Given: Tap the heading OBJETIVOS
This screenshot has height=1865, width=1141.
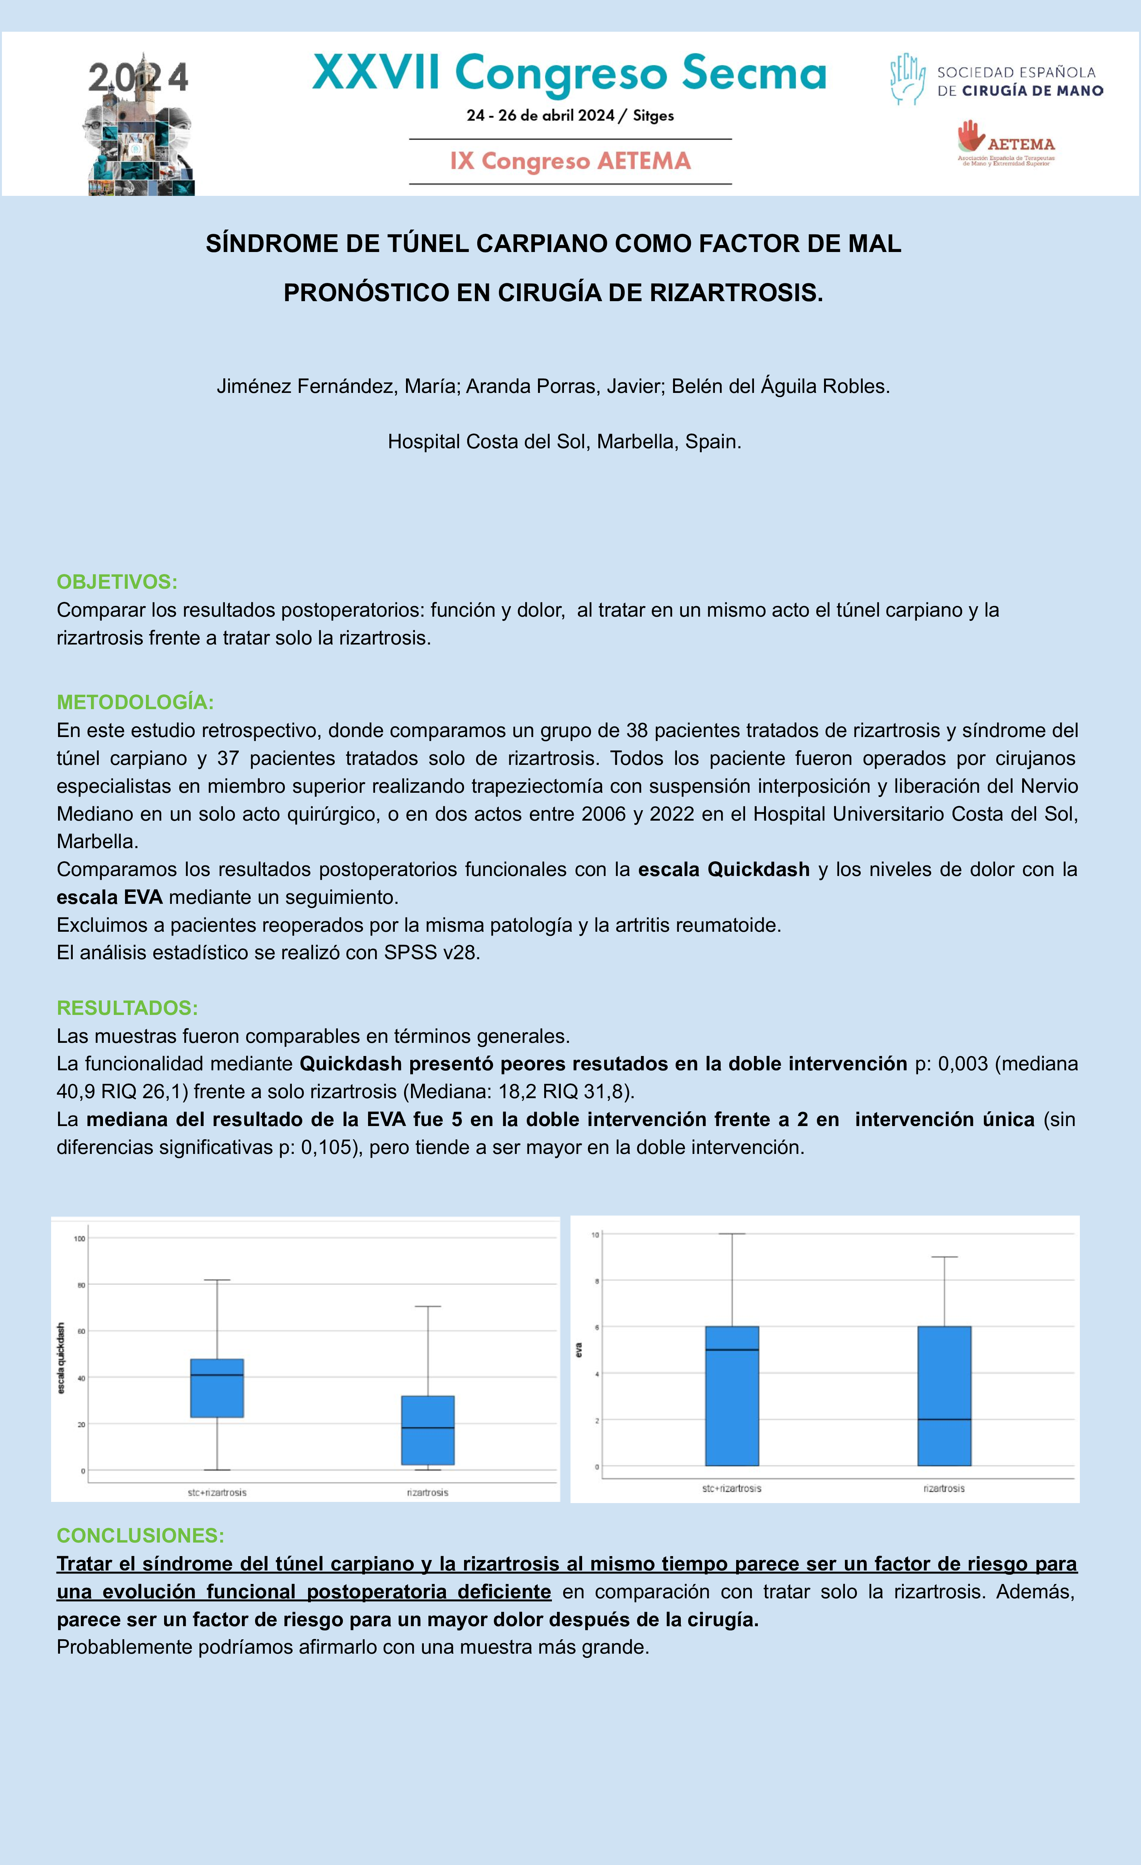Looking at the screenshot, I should pyautogui.click(x=116, y=582).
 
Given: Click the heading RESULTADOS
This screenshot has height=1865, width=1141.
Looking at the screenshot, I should pyautogui.click(x=127, y=1008).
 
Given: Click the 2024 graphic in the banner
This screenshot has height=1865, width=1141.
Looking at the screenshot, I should pyautogui.click(x=140, y=125).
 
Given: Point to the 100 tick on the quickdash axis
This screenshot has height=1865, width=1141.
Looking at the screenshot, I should pyautogui.click(x=79, y=1238).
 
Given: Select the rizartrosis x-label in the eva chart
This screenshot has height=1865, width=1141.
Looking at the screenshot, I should pyautogui.click(x=944, y=1488).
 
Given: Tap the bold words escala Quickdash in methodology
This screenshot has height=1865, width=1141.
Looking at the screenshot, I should pyautogui.click(x=723, y=869).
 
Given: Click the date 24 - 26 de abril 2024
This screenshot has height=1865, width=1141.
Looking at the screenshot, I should pyautogui.click(x=540, y=116).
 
